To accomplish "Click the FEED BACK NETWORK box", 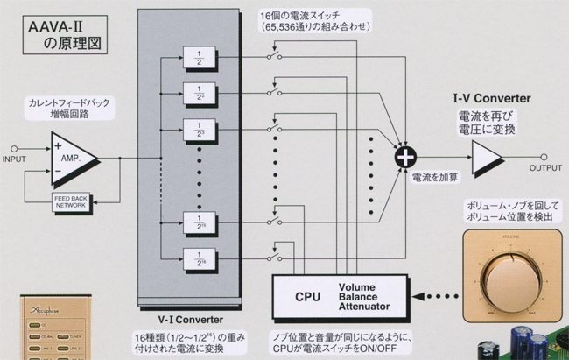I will (x=70, y=201).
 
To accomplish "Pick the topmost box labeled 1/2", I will (x=198, y=58).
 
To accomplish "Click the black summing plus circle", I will (x=405, y=157).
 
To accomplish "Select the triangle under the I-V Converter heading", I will (x=488, y=157).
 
